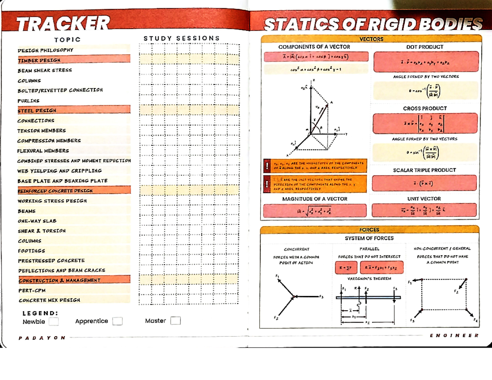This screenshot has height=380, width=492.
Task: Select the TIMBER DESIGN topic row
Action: coord(39,60)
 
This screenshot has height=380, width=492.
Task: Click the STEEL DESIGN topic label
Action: coord(37,110)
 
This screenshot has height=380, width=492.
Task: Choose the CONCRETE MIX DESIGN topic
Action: coord(49,300)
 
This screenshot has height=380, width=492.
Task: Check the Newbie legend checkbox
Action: coord(54,321)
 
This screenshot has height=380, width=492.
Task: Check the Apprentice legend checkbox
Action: coord(117,321)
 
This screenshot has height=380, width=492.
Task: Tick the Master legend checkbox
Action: coord(175,321)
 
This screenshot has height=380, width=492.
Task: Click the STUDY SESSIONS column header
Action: coord(182,39)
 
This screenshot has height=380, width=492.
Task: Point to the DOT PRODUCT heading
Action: coord(425,47)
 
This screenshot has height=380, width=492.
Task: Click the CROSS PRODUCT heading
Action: coord(425,108)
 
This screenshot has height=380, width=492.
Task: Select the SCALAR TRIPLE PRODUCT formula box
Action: coord(425,183)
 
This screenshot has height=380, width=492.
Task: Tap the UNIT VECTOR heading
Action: coord(425,199)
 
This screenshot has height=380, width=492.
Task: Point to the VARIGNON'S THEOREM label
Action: coord(369,278)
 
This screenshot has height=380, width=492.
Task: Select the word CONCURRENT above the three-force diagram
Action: coord(296,249)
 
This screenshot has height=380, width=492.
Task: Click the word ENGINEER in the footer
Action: coord(453,336)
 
